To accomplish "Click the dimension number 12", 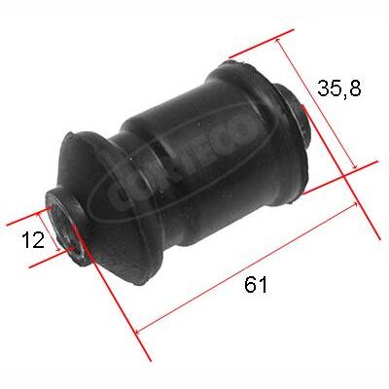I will [32, 239].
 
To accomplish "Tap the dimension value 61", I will [256, 285].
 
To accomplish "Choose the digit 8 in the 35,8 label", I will [356, 89].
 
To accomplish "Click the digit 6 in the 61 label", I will [250, 285].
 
